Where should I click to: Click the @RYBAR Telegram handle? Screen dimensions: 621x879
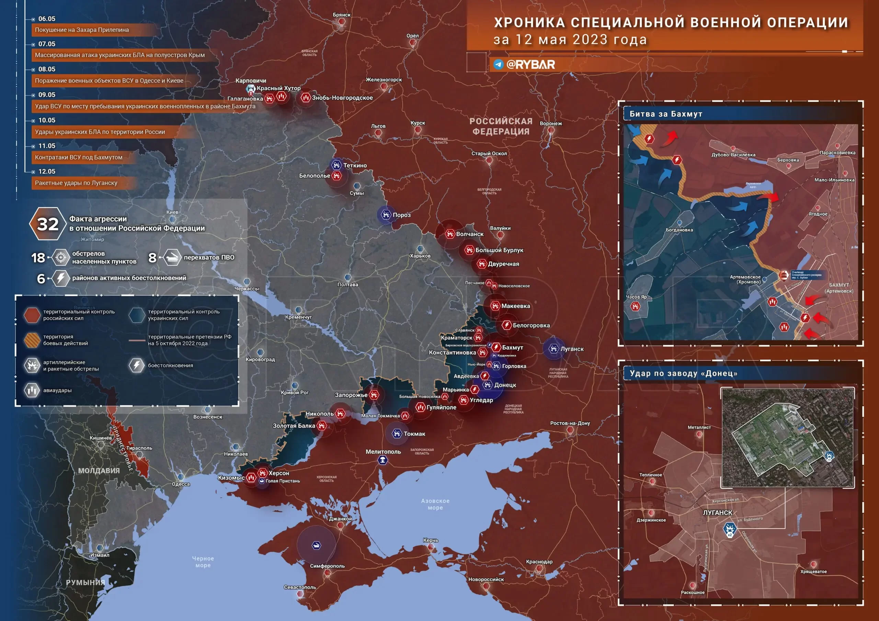tap(530, 64)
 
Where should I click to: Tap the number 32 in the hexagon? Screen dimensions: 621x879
tap(47, 224)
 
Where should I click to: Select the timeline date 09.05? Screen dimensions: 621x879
tap(47, 95)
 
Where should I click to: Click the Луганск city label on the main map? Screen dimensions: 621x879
tap(572, 349)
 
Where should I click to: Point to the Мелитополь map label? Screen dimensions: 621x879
tap(383, 452)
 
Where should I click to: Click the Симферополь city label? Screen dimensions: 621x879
tap(327, 566)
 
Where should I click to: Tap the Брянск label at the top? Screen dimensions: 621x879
tap(342, 15)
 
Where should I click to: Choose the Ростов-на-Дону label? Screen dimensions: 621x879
tap(570, 423)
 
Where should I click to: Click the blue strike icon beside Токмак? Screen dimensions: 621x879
tap(397, 434)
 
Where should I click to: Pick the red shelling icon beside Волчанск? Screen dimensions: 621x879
tap(450, 234)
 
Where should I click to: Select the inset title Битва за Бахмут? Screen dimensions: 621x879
tap(666, 114)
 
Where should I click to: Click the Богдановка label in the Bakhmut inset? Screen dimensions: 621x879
tap(679, 230)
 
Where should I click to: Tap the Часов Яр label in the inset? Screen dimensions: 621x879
tap(636, 297)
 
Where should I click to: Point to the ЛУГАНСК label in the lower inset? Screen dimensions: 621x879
tap(717, 513)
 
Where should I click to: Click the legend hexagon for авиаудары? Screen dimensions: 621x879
tap(32, 390)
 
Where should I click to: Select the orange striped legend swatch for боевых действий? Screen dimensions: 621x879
tap(32, 340)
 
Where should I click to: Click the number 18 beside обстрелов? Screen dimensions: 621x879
tap(38, 258)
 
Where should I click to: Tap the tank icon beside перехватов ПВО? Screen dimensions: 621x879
tap(172, 258)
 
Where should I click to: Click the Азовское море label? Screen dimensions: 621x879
tap(435, 504)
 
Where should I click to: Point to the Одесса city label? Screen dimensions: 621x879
tap(181, 484)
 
